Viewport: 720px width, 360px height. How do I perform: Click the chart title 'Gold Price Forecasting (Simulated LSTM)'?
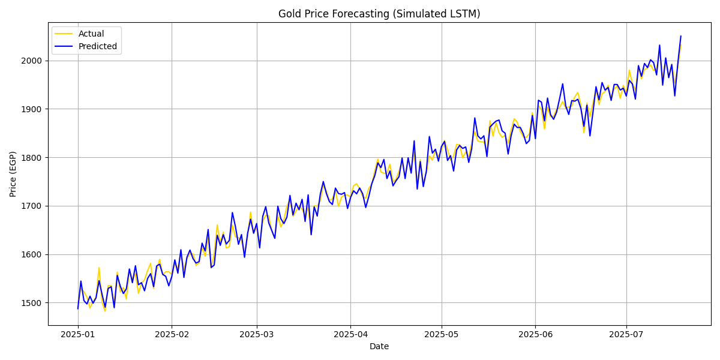click(379, 14)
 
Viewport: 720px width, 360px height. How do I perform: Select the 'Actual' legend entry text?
click(91, 34)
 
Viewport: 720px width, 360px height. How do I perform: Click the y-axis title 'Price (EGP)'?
click(13, 174)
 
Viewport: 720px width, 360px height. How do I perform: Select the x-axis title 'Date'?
click(379, 346)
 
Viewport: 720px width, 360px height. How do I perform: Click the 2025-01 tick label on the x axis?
click(78, 334)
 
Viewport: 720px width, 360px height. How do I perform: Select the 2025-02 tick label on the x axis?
click(172, 334)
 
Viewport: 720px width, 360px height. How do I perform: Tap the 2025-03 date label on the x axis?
click(257, 334)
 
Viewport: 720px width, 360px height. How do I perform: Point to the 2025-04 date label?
click(351, 334)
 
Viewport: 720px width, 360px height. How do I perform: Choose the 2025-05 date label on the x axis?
click(442, 334)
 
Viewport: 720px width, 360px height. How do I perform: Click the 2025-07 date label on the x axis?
click(626, 334)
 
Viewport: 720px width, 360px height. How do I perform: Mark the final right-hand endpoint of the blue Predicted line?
click(680, 36)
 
